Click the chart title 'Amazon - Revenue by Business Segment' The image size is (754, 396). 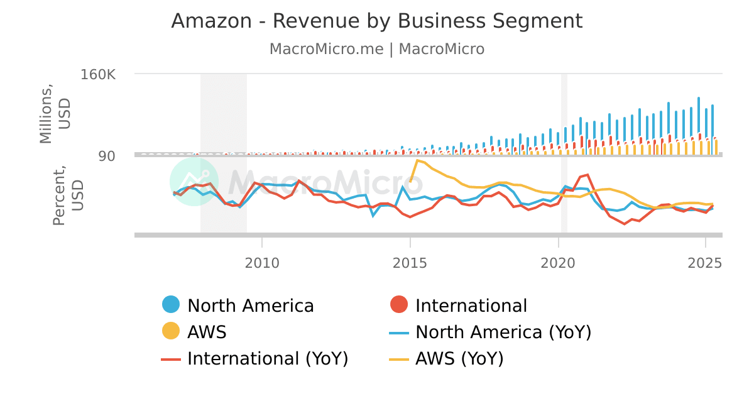[377, 21]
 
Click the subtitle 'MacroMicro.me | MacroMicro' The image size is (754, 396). [377, 49]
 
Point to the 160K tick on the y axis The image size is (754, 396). [98, 74]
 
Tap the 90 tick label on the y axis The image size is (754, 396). [106, 155]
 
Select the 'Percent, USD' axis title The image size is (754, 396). [67, 195]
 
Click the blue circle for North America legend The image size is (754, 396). [171, 305]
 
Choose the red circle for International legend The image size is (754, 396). [399, 305]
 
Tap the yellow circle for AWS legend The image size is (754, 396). [171, 332]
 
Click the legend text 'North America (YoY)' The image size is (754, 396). [503, 332]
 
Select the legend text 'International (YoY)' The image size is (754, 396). [268, 358]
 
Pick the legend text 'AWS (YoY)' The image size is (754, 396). [459, 358]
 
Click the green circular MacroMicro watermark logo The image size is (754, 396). [194, 182]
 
